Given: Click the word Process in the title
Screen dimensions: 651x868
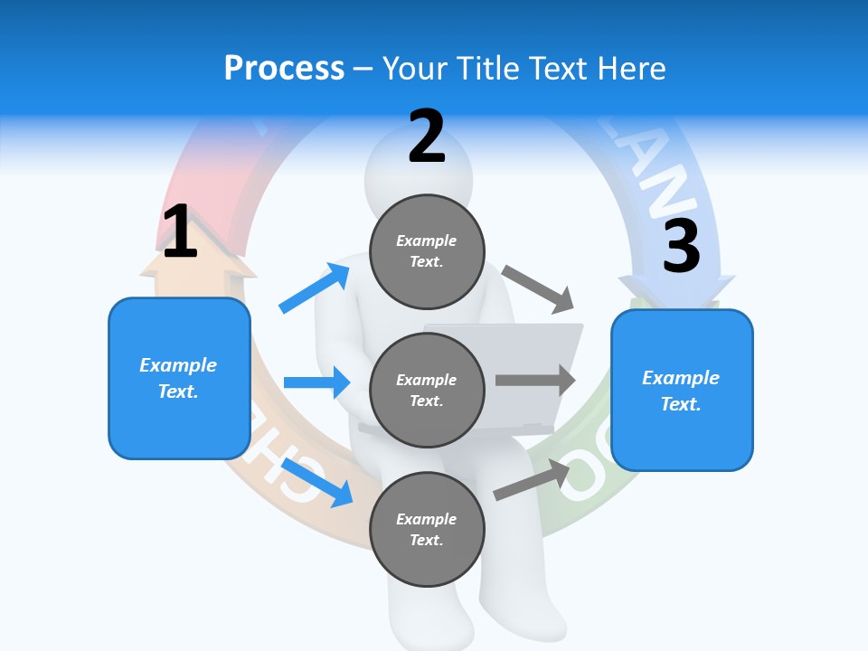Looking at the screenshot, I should pos(284,69).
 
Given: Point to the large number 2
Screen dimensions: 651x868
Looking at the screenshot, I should pos(427,137).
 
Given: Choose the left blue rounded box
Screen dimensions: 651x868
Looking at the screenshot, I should pos(179,378).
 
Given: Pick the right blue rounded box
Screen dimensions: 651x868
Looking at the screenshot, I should pos(682,390).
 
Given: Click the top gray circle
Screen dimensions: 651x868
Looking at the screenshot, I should pos(427,251).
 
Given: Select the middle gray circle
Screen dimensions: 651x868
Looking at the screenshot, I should pos(427,390).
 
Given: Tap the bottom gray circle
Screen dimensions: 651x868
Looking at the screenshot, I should pos(427,529).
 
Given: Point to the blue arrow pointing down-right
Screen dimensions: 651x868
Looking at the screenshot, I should pos(317,482).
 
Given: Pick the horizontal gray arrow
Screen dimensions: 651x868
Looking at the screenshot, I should pos(535,380).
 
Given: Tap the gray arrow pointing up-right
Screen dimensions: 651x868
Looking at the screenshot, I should pos(533,480).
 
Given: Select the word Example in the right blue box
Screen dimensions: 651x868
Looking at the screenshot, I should pos(681,378).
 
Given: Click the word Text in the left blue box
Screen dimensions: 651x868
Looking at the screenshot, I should pos(176,392).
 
